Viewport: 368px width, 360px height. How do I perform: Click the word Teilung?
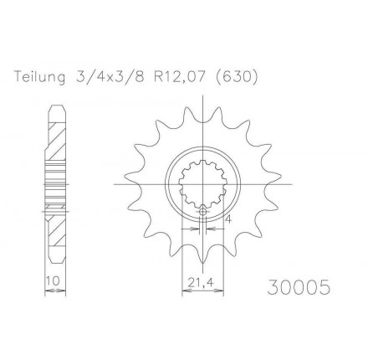42,77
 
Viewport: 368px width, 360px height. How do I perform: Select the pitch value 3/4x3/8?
113,77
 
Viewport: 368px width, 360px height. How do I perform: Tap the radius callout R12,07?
183,77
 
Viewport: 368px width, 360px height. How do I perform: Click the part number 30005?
299,287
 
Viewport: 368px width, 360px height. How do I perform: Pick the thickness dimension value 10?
53,282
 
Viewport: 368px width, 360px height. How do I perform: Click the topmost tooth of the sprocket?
203,114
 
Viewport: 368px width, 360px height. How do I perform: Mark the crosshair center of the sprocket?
203,183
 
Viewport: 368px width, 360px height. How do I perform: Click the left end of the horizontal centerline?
117,183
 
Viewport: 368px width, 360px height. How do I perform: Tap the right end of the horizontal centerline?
289,183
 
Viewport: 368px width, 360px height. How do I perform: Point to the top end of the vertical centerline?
203,100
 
